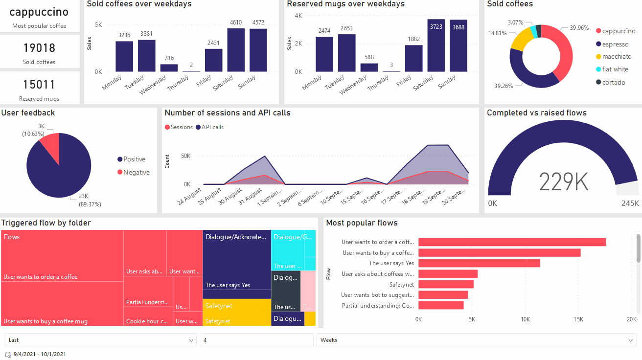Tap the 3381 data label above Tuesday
point(146,34)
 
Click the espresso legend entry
point(615,44)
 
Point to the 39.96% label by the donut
point(579,28)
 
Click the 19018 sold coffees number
point(39,48)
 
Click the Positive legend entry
point(134,159)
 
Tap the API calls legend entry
point(212,127)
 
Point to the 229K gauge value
point(563,182)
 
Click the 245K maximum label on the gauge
point(630,203)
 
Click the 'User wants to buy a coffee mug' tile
point(62,304)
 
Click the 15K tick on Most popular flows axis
point(578,319)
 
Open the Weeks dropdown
point(476,340)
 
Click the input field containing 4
point(256,340)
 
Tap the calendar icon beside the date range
point(8,354)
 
